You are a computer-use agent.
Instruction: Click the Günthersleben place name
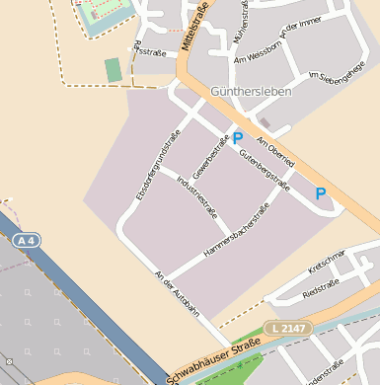pos(249,91)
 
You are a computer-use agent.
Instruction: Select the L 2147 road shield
pos(287,328)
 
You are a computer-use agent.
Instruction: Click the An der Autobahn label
pos(177,294)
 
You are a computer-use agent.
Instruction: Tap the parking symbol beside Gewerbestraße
pos(237,139)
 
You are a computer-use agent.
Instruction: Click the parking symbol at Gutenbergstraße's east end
pos(320,194)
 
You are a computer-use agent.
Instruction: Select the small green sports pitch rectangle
pos(114,70)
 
